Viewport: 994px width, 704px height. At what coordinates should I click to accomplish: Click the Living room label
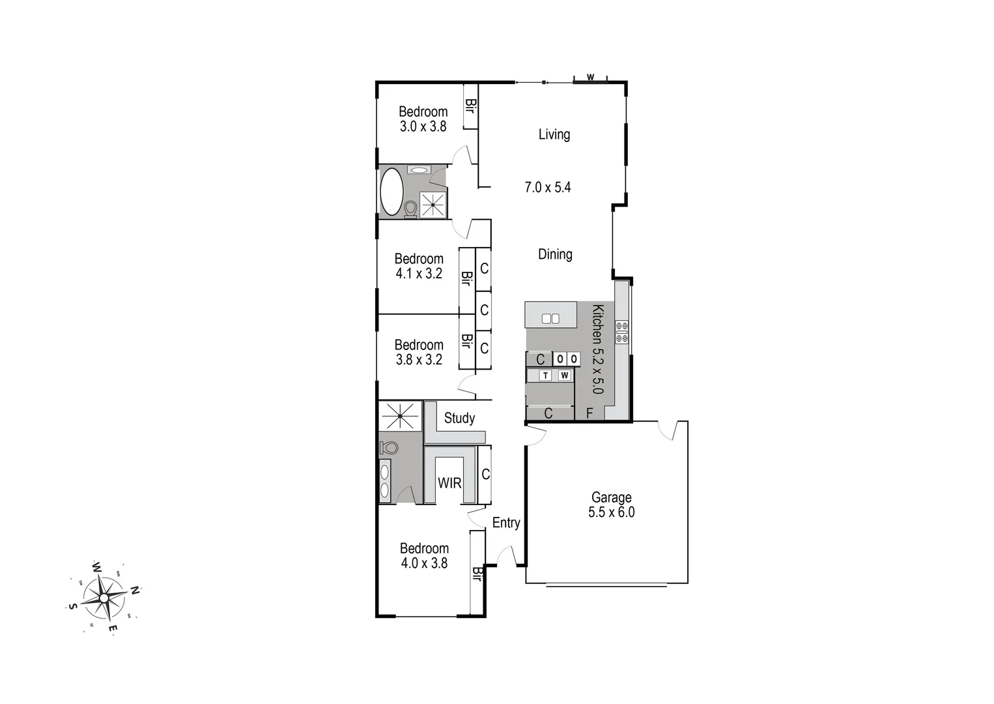point(554,134)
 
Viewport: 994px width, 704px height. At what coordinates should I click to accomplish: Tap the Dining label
point(555,254)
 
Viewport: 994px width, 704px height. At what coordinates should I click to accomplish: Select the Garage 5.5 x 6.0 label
point(611,505)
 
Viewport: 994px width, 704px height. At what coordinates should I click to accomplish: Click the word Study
point(459,418)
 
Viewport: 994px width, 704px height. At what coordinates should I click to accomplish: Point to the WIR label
point(449,483)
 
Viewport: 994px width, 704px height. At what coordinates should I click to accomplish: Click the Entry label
point(506,523)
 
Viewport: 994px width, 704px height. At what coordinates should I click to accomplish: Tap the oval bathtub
point(391,192)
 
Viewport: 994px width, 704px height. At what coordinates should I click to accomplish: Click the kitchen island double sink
point(550,319)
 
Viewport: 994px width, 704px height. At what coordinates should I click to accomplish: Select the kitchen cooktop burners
point(621,331)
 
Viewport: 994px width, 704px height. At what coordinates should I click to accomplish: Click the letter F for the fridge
point(589,413)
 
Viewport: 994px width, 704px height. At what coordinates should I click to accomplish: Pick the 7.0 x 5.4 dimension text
point(548,188)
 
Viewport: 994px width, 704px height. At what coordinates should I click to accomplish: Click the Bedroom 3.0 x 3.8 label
point(423,119)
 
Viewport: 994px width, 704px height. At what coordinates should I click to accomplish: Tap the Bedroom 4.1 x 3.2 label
point(419,266)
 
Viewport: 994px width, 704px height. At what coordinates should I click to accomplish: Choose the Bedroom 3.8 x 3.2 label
point(419,352)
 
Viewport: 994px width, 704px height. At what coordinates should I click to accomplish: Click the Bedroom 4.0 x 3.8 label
point(424,556)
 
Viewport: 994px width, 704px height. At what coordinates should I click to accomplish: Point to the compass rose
point(104,597)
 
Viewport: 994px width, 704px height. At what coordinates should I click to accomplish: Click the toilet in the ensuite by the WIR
point(389,447)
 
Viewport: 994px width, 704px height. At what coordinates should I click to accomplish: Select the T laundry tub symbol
point(546,375)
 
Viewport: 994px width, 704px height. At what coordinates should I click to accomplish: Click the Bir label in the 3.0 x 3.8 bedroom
point(470,105)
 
